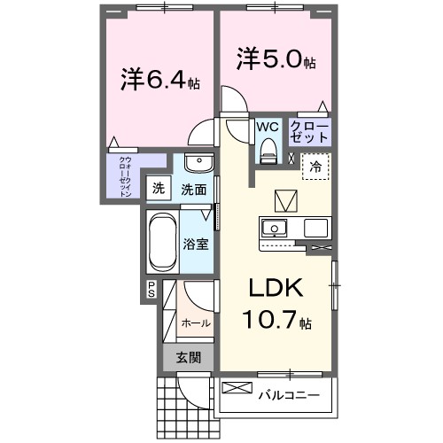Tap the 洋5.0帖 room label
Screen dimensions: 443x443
[276, 60]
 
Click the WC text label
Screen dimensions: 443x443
[268, 127]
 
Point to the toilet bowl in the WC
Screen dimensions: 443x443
[268, 153]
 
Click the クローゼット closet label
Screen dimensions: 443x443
[309, 133]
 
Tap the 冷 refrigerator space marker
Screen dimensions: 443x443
[315, 165]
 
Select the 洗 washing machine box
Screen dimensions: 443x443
[158, 188]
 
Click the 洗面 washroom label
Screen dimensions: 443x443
[195, 189]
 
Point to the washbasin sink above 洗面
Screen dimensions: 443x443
[198, 165]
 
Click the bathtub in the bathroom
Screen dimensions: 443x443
[162, 243]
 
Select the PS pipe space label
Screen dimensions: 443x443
[152, 288]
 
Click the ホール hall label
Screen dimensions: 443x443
[195, 323]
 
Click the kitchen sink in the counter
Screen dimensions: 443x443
[275, 227]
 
